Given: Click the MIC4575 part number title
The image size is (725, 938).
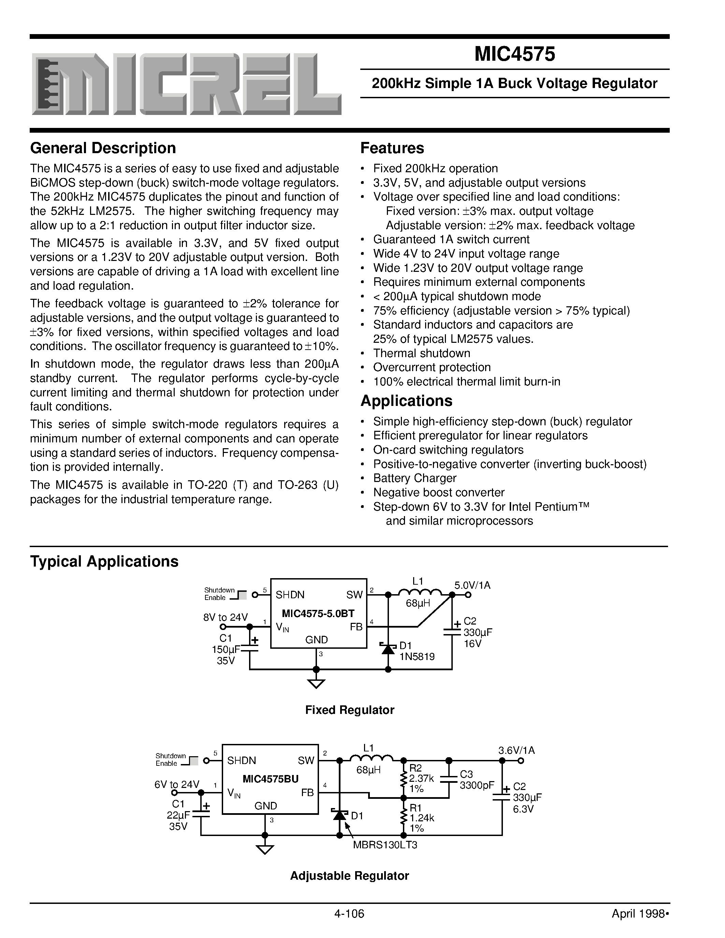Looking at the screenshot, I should click(x=514, y=55).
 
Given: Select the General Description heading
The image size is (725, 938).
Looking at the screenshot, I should click(x=103, y=148).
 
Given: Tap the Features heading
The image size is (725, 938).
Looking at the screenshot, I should click(x=392, y=148).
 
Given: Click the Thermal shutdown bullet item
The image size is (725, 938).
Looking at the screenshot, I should click(x=421, y=353).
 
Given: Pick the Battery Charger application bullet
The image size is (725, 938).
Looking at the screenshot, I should click(x=415, y=478).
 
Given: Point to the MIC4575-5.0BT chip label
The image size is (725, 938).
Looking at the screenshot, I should click(x=318, y=613).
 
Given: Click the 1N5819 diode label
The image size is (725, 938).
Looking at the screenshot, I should click(x=417, y=656).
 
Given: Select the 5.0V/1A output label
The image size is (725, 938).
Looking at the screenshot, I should click(x=473, y=585).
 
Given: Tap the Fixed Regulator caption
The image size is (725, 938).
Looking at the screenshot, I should click(x=350, y=710).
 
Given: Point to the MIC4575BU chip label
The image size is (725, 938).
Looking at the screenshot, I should click(x=270, y=779).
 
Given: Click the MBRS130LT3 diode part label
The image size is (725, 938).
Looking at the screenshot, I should click(x=385, y=845).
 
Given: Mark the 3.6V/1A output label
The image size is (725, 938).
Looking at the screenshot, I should click(x=517, y=750).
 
